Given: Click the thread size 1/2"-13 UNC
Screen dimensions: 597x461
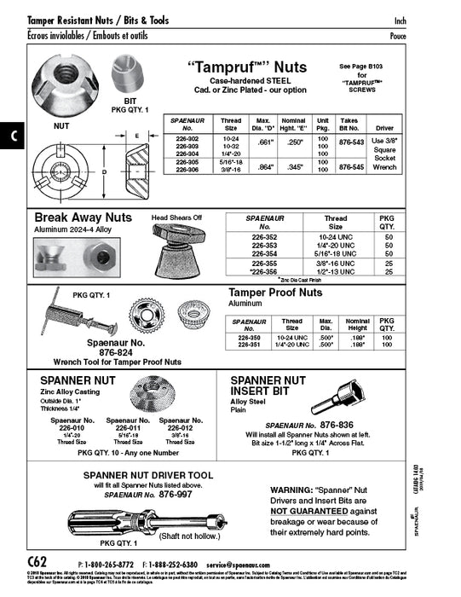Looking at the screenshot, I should (336, 272).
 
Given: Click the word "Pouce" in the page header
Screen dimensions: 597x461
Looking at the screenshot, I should (397, 37).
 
